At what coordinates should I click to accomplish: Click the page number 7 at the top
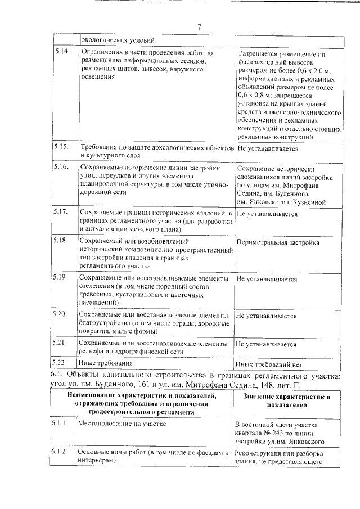[x=199, y=28]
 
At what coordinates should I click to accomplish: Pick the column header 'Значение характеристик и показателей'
[x=286, y=400]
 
